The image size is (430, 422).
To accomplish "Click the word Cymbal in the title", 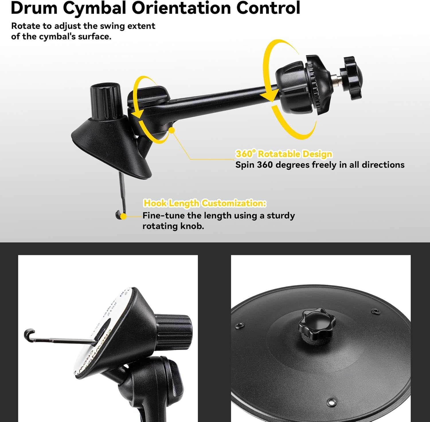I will [x=94, y=8].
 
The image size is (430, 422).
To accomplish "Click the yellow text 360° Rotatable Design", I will [x=284, y=154].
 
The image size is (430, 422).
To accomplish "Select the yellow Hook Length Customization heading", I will [x=205, y=203].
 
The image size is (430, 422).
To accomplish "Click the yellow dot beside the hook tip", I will [x=124, y=216].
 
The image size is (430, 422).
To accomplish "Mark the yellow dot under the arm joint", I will [x=172, y=130].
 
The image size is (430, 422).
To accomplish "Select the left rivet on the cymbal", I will [x=238, y=325].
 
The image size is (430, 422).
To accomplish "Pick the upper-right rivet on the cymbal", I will [x=375, y=311].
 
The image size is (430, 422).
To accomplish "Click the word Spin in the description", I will [x=245, y=165].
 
